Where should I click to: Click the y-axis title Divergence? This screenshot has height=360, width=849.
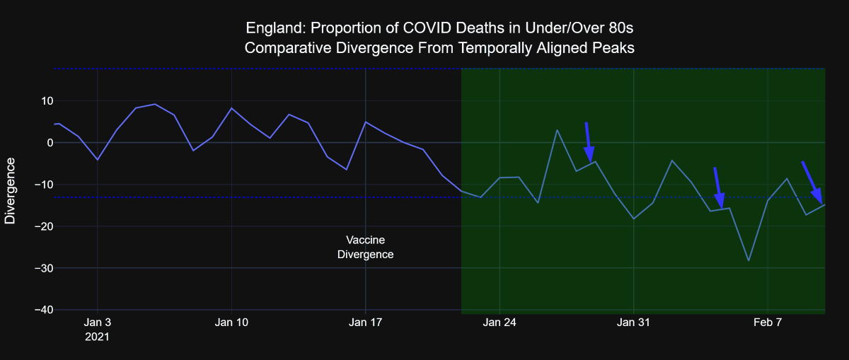pyautogui.click(x=11, y=191)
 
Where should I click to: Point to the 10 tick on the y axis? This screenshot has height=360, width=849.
pyautogui.click(x=37, y=101)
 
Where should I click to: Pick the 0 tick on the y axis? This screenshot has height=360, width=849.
pyautogui.click(x=41, y=143)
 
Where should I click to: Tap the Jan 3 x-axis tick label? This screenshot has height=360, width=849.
pyautogui.click(x=97, y=323)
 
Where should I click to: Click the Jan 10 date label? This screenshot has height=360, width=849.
pyautogui.click(x=231, y=323)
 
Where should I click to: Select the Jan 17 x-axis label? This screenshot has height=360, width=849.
pyautogui.click(x=365, y=323)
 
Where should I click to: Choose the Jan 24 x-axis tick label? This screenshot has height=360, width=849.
pyautogui.click(x=499, y=323)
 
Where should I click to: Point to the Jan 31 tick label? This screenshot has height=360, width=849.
pyautogui.click(x=633, y=323)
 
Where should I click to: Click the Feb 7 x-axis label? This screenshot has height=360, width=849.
pyautogui.click(x=768, y=323)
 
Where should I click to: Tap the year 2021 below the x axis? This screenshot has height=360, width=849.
pyautogui.click(x=98, y=338)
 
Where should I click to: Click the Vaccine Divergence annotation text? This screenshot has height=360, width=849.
pyautogui.click(x=365, y=247)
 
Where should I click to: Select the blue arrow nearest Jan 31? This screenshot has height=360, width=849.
pyautogui.click(x=589, y=142)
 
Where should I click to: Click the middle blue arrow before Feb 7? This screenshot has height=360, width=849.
pyautogui.click(x=718, y=188)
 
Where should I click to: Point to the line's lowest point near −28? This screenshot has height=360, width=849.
pyautogui.click(x=749, y=260)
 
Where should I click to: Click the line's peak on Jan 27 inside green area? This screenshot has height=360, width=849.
pyautogui.click(x=557, y=130)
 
